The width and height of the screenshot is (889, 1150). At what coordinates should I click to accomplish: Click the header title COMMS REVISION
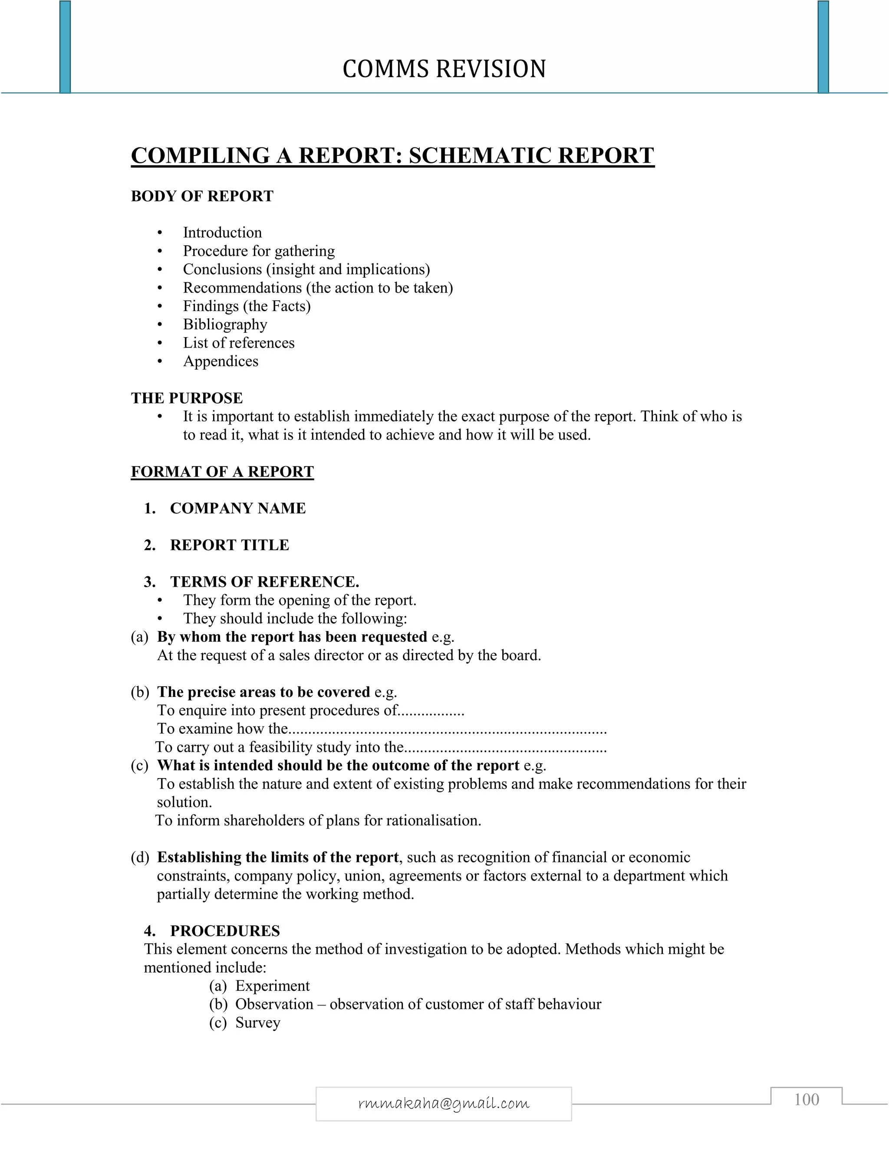444,69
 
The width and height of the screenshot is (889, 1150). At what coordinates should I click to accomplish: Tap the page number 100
807,1100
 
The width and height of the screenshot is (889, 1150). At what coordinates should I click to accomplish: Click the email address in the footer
444,1103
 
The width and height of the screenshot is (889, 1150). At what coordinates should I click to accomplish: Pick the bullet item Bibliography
225,324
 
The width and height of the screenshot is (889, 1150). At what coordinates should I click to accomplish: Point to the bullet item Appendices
221,361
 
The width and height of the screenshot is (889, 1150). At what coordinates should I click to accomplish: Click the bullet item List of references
239,343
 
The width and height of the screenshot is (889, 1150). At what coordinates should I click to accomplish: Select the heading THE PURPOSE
187,398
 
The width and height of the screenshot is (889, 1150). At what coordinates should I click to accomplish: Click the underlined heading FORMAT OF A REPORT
222,472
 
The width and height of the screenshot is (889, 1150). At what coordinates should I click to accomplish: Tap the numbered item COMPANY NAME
237,508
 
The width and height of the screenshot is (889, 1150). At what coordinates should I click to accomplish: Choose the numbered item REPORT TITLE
230,545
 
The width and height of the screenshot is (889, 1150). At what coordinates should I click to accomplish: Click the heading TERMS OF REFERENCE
264,582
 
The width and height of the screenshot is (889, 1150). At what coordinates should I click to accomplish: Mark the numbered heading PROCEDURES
225,931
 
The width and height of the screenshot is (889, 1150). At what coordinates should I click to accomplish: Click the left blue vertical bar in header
65,46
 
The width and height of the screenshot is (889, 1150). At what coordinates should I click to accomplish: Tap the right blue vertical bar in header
823,46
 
